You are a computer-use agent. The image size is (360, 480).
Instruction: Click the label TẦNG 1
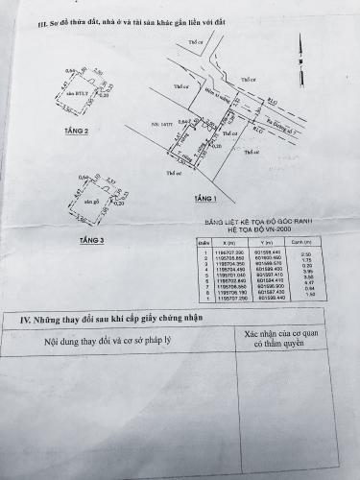click(205, 200)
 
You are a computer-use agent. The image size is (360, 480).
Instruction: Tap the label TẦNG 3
click(93, 238)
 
